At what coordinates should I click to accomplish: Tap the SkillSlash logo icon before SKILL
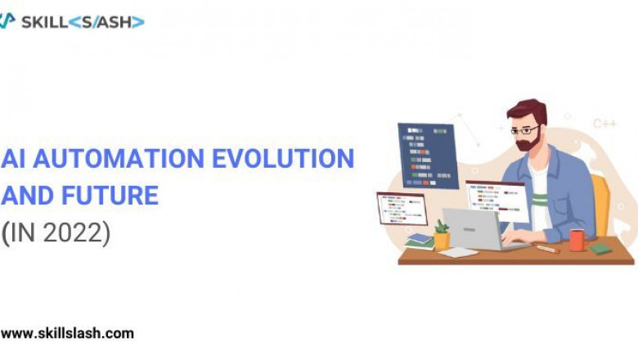[7, 21]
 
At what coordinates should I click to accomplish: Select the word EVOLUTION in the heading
[283, 159]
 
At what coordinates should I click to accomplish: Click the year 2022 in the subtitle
[75, 233]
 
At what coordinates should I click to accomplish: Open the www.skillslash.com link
[67, 333]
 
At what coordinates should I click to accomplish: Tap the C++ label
[604, 124]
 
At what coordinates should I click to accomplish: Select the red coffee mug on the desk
[577, 240]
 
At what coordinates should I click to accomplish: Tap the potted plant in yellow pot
[442, 236]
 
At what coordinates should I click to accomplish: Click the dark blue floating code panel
[428, 155]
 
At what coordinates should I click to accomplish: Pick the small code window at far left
[401, 209]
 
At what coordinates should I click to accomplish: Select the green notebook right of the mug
[601, 248]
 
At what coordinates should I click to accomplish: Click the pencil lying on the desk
[546, 249]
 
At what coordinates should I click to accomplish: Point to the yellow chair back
[601, 205]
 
